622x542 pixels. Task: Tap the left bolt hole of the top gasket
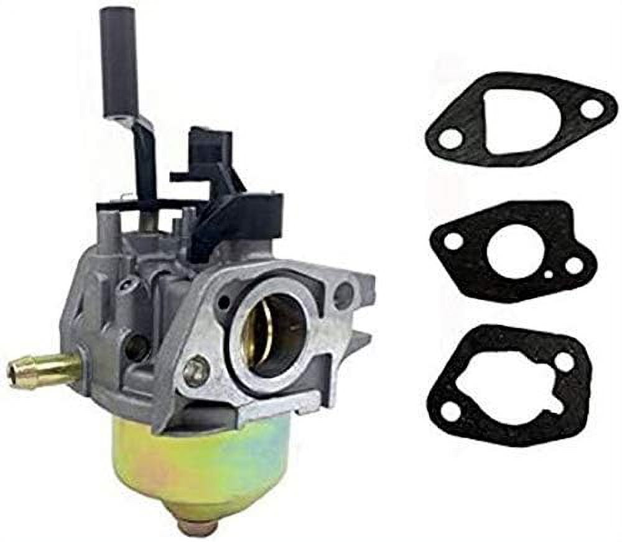[x=449, y=138]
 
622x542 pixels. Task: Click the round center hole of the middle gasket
[x=515, y=252]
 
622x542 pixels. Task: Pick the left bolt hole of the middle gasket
[x=453, y=241]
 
